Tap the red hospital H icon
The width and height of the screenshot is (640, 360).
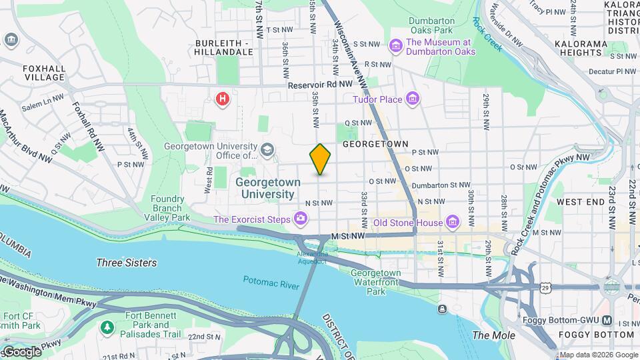(x=223, y=99)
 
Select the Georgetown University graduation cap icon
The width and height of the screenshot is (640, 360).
(x=267, y=149)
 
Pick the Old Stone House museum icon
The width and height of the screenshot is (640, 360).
(x=453, y=222)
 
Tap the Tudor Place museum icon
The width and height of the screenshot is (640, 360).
(x=413, y=99)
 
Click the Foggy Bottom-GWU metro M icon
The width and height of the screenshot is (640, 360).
(x=607, y=321)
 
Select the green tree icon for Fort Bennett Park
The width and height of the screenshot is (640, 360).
(x=107, y=327)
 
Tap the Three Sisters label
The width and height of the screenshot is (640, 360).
(x=127, y=263)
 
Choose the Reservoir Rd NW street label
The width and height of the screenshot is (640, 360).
(x=320, y=85)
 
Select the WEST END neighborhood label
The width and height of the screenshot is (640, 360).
(x=580, y=201)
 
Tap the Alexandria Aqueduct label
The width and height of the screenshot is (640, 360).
(x=313, y=257)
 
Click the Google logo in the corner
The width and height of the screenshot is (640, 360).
(x=21, y=351)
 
